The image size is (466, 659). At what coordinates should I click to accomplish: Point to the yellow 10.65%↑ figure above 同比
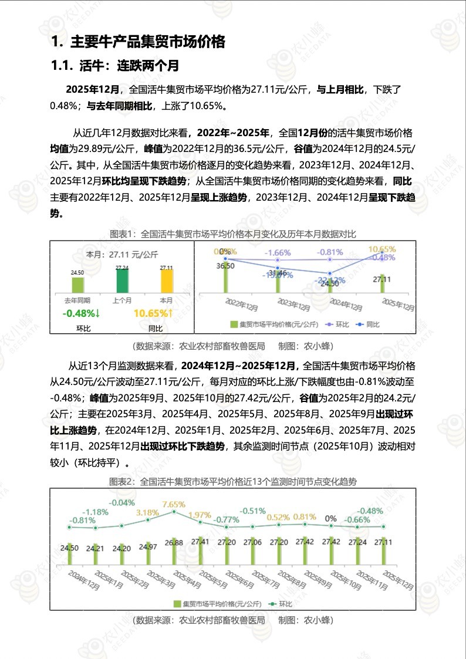tap(153, 313)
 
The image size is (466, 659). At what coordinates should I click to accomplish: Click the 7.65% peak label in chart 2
tap(174, 504)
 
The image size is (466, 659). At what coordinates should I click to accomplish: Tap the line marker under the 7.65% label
tap(174, 512)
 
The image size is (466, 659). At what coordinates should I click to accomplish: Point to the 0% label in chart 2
tap(331, 519)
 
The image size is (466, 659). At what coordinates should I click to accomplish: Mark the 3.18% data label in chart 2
tap(147, 512)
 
